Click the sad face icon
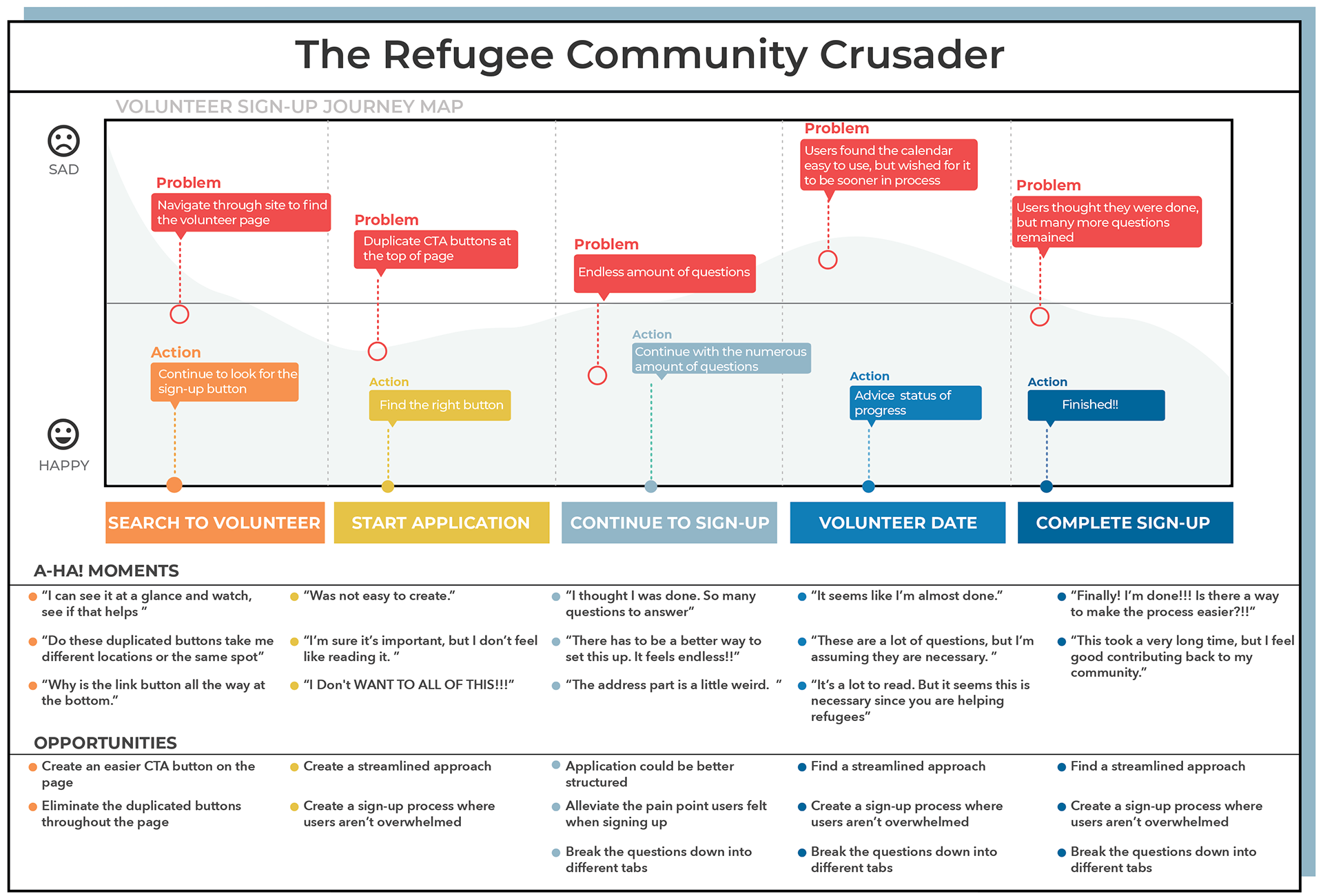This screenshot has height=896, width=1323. pos(63,141)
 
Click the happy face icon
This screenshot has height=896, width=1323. pos(63,434)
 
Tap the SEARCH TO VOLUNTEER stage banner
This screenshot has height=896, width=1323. pos(214,522)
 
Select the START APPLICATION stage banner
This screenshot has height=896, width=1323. pos(441,522)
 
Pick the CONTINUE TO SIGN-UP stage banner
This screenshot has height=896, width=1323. pos(669,522)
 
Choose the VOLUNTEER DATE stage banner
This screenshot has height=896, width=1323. pos(897,522)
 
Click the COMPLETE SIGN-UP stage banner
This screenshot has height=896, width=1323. pos(1125,522)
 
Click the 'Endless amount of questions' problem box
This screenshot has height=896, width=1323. pos(664,273)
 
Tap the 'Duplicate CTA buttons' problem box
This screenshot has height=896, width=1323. pos(435,249)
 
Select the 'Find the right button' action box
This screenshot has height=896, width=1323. pos(440,405)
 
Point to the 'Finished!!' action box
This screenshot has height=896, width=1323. pos(1096,405)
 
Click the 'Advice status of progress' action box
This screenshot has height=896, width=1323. pos(915,403)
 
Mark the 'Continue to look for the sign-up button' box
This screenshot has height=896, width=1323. pos(225,382)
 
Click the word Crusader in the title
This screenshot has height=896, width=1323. pos(911,54)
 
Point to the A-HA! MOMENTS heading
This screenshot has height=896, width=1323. pos(106,571)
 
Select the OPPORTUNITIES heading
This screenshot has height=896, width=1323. pos(105,743)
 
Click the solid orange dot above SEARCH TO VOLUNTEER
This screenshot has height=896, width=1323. pos(174,485)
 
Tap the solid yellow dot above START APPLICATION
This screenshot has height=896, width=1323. pos(388,487)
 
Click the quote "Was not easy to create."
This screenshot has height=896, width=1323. pos(379,595)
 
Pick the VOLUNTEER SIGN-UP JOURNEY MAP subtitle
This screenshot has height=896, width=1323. pos(289,107)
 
